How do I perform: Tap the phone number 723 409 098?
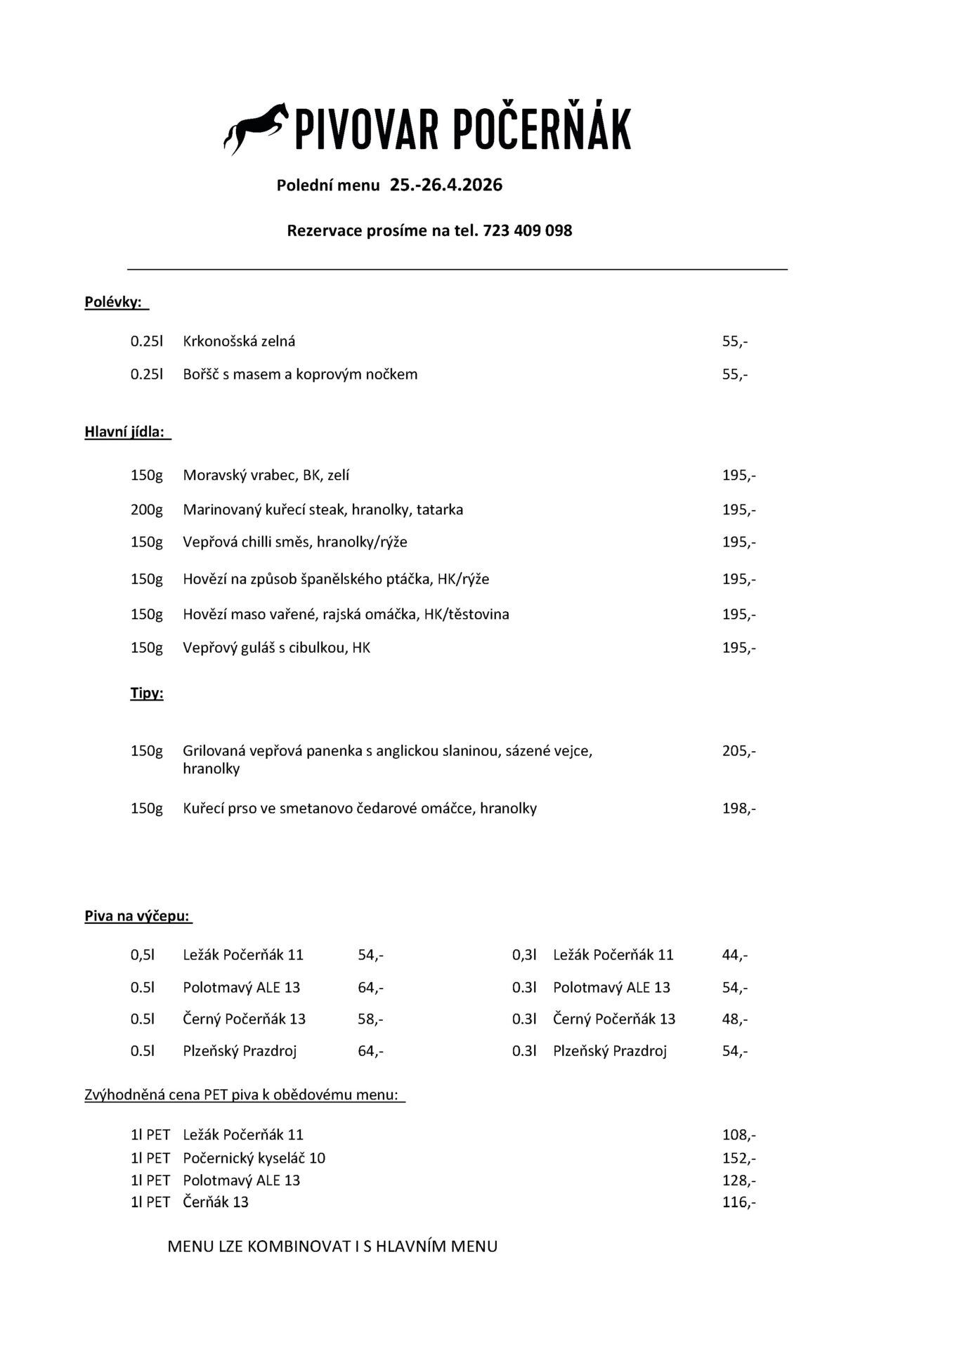pyautogui.click(x=527, y=230)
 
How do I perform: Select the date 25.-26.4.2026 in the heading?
pyautogui.click(x=446, y=185)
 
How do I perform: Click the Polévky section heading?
pyautogui.click(x=113, y=302)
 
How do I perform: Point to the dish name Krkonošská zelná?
pyautogui.click(x=239, y=341)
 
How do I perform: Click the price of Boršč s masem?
pyautogui.click(x=734, y=374)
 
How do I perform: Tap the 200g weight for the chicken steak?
pyautogui.click(x=146, y=509)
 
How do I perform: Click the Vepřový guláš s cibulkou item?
pyautogui.click(x=276, y=648)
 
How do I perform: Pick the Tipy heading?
pyautogui.click(x=147, y=693)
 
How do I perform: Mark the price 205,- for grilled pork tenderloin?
pyautogui.click(x=738, y=751)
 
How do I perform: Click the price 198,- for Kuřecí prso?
pyautogui.click(x=738, y=809)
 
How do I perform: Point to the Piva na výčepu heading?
pyautogui.click(x=138, y=916)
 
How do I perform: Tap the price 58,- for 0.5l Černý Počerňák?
pyautogui.click(x=370, y=1019)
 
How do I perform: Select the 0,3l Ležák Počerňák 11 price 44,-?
pyautogui.click(x=734, y=955)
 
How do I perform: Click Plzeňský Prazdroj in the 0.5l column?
pyautogui.click(x=240, y=1051)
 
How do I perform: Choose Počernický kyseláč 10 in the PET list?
pyautogui.click(x=254, y=1158)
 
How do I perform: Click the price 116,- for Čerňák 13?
pyautogui.click(x=738, y=1202)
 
